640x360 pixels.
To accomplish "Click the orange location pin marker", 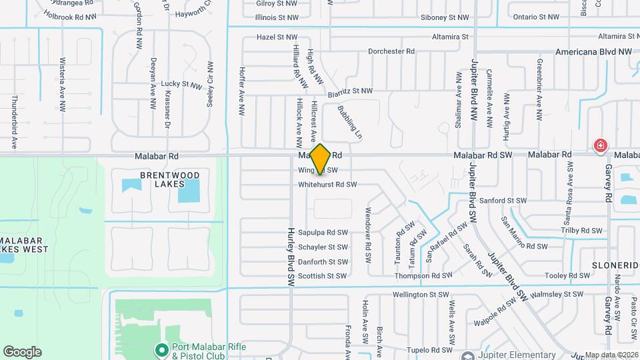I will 321,159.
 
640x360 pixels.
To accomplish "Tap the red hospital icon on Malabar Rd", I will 601,145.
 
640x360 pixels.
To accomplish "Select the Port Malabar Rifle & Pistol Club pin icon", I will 161,349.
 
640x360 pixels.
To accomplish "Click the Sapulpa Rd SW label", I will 323,233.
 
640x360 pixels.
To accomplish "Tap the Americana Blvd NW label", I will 593,51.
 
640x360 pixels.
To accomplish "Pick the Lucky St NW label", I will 181,84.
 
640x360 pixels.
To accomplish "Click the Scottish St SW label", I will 322,276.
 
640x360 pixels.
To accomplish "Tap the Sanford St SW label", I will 522,200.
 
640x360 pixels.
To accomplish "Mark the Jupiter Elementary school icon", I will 469,355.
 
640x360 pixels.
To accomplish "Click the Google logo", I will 22,352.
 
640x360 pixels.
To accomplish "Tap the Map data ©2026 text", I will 612,355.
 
